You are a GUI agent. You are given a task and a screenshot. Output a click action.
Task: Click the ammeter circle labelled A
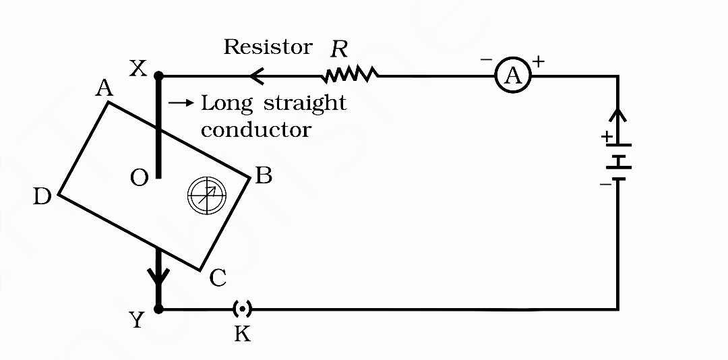tap(514, 77)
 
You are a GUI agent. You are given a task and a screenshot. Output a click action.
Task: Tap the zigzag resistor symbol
tap(351, 75)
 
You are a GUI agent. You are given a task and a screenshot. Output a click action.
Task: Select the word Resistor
tap(268, 47)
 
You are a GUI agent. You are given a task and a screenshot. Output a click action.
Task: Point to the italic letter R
tap(338, 48)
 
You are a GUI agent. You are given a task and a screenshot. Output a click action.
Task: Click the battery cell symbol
tap(618, 162)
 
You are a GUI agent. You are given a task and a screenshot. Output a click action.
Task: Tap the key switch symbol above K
tap(242, 309)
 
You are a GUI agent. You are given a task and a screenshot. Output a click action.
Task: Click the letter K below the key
tap(242, 333)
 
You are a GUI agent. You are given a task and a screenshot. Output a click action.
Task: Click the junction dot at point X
tap(158, 76)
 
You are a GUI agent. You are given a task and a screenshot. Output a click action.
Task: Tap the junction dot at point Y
tap(158, 309)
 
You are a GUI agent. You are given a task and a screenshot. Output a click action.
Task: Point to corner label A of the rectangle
tap(104, 88)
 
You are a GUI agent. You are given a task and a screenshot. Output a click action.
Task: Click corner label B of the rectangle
tap(264, 176)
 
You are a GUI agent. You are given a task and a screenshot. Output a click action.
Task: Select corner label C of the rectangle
tap(217, 277)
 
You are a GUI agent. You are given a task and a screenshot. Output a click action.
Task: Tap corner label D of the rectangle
tap(42, 196)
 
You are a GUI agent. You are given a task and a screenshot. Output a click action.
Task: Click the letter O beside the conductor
tap(140, 179)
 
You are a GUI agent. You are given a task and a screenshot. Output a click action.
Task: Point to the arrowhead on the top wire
tap(255, 76)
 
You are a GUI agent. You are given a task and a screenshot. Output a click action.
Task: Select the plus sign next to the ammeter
tap(539, 61)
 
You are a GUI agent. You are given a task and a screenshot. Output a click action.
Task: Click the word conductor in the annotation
tap(256, 129)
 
